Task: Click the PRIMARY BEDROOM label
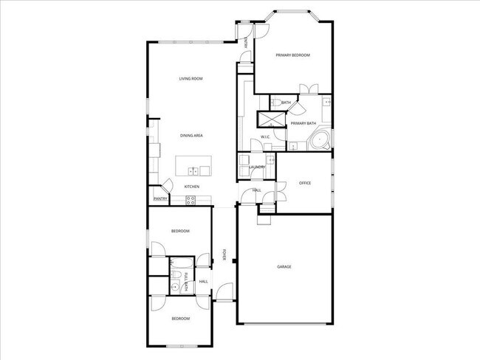pyautogui.click(x=292, y=55)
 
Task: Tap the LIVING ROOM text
pyautogui.click(x=191, y=79)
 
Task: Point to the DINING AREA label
pyautogui.click(x=191, y=136)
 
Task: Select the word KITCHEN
pyautogui.click(x=192, y=187)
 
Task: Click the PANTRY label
pyautogui.click(x=160, y=198)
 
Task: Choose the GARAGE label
pyautogui.click(x=284, y=267)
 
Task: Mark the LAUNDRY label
pyautogui.click(x=257, y=167)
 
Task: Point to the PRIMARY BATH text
pyautogui.click(x=303, y=123)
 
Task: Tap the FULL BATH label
pyautogui.click(x=186, y=280)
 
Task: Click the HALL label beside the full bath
pyautogui.click(x=204, y=281)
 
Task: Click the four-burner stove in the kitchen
pyautogui.click(x=191, y=199)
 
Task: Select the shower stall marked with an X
pyautogui.click(x=266, y=120)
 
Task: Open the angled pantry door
pyautogui.click(x=167, y=189)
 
